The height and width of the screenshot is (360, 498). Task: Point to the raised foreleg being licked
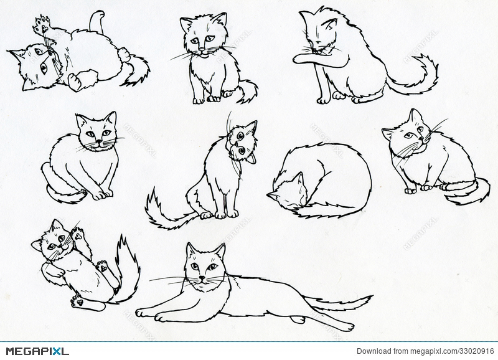tap(311, 57)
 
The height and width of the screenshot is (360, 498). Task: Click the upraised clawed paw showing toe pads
tap(42, 26)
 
